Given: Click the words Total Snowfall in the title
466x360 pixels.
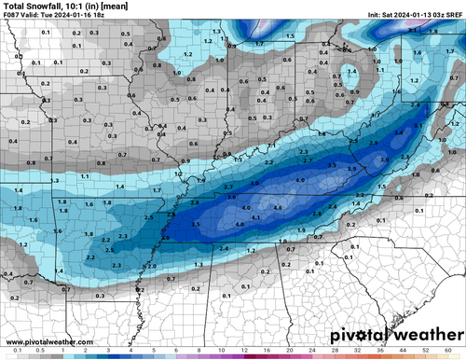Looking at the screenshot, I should click(x=32, y=6).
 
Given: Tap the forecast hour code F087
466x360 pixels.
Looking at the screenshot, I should click(x=12, y=15).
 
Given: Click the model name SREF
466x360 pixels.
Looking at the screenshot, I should click(x=453, y=15).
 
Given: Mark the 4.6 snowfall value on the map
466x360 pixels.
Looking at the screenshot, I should click(x=276, y=207).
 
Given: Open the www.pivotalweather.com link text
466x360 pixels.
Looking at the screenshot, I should click(x=46, y=341).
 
